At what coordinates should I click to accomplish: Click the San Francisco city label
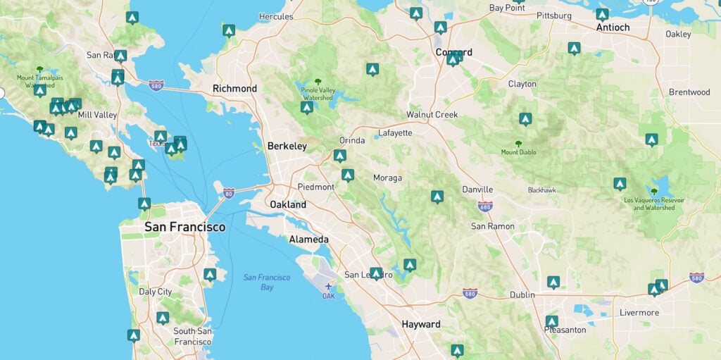[x=184, y=227]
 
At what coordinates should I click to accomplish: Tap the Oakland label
[x=288, y=204]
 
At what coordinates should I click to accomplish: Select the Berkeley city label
[x=287, y=147]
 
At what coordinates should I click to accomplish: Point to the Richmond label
[x=234, y=89]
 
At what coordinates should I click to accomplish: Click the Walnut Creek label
[x=432, y=114]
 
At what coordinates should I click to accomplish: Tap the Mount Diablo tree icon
[x=518, y=143]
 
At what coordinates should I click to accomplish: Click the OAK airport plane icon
[x=329, y=287]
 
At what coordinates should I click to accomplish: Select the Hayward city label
[x=420, y=325]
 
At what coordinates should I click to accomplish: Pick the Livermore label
[x=639, y=312]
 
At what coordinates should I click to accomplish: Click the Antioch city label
[x=613, y=27]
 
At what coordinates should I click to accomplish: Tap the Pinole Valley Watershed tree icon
[x=318, y=82]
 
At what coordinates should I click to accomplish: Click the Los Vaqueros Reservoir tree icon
[x=654, y=191]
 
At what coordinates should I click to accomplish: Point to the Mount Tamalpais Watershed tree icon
[x=39, y=69]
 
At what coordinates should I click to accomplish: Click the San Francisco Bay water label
[x=267, y=282]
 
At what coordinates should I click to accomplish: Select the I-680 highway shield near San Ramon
[x=484, y=206]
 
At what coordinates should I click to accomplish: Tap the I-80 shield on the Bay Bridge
[x=228, y=192]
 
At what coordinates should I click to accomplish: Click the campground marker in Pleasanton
[x=551, y=321]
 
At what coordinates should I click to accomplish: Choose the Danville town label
[x=477, y=190]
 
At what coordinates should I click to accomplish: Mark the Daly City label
[x=155, y=292]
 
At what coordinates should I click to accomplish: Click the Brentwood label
[x=689, y=92]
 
